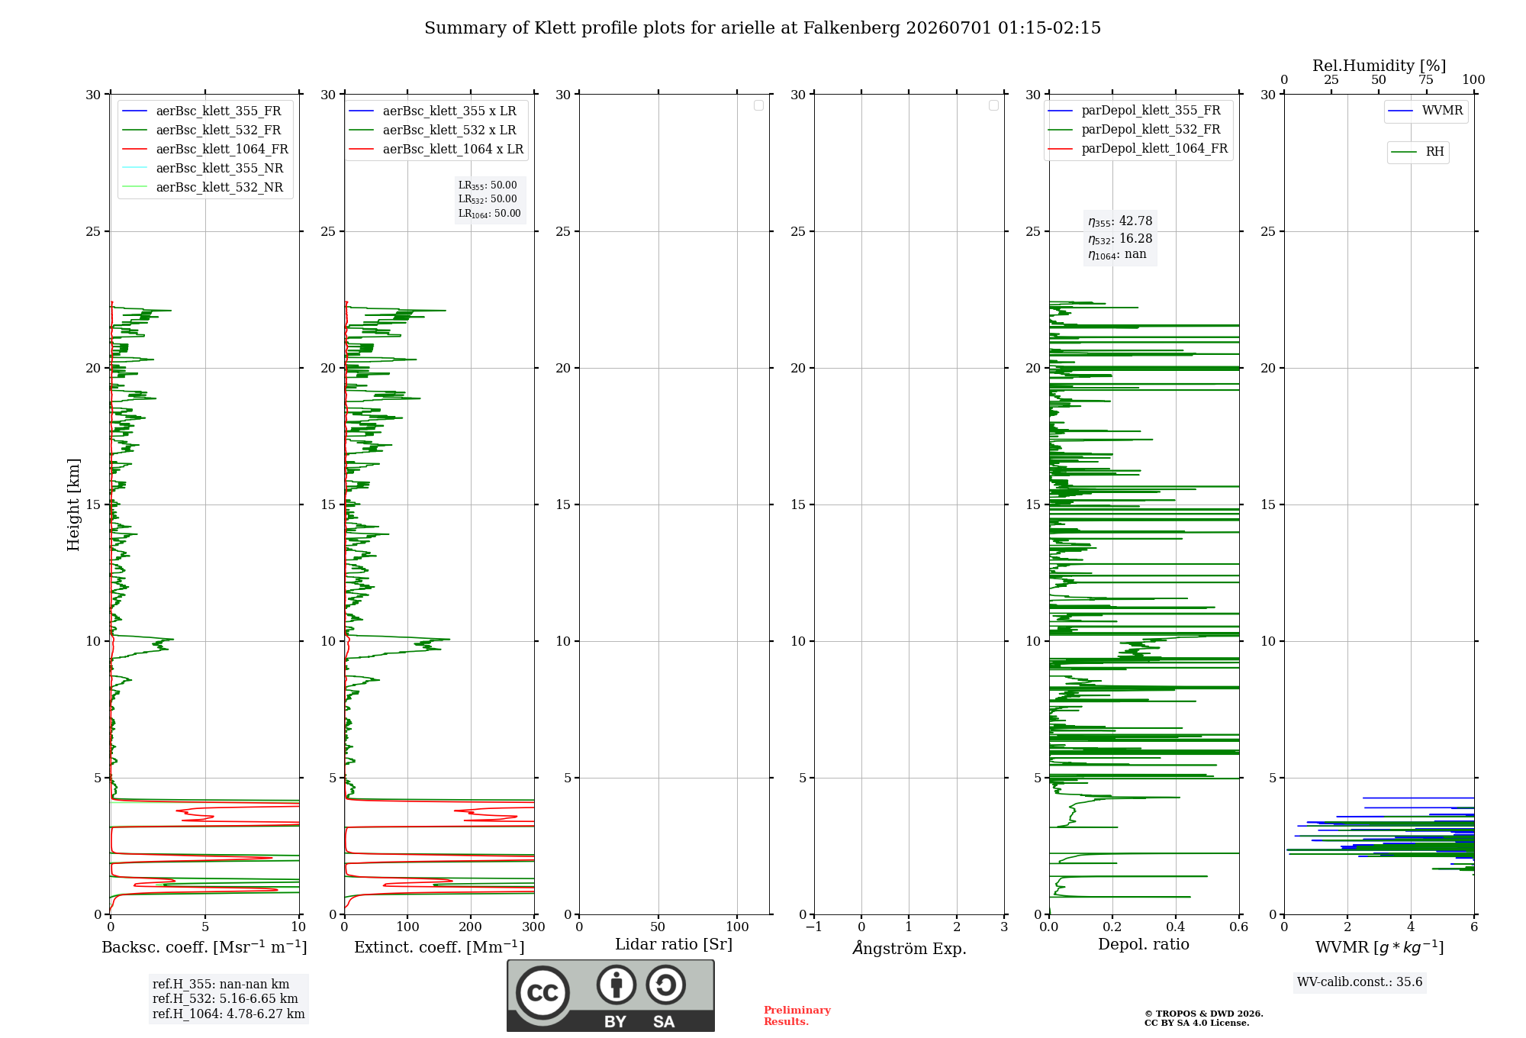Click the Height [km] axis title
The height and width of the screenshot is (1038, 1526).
(x=73, y=504)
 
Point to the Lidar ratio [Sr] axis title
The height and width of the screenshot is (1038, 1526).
(x=674, y=944)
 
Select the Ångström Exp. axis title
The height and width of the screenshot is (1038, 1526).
(x=909, y=948)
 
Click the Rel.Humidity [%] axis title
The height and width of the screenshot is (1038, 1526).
(x=1380, y=66)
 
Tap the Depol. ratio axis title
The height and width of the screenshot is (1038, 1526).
(x=1144, y=944)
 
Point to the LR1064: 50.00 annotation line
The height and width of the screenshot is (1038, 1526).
(x=489, y=214)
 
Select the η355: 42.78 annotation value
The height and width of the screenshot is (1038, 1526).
(x=1120, y=221)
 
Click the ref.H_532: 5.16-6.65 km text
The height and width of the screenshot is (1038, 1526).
(x=225, y=998)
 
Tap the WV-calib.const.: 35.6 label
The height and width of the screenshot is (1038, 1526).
(x=1360, y=982)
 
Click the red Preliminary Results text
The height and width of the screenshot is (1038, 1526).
(x=797, y=1016)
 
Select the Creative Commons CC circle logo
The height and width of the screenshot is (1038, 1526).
(x=542, y=993)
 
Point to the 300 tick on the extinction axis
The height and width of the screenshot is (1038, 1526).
(x=534, y=927)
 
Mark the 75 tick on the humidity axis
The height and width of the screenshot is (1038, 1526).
(x=1426, y=79)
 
